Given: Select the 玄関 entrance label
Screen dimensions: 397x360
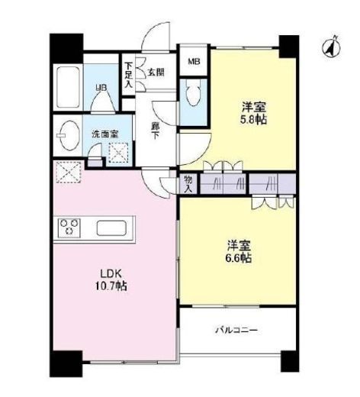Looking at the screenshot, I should pos(156,73).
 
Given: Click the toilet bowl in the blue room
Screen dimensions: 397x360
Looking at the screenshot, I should pos(192,98).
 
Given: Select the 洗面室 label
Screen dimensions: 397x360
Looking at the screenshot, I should pos(104,134).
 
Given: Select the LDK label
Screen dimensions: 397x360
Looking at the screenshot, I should pos(104,273).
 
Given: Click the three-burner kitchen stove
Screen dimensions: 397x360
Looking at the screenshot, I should pos(70,228).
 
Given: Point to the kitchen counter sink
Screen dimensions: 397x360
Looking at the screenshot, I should pos(114,228).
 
